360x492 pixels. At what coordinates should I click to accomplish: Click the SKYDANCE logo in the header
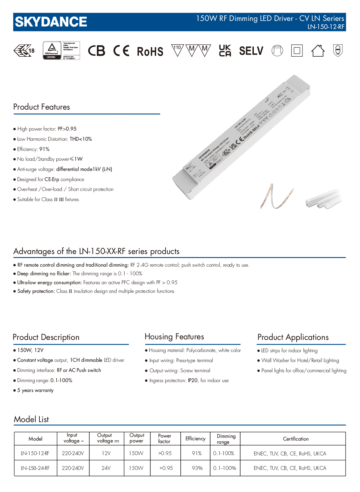51,22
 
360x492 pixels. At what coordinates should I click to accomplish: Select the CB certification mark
97,51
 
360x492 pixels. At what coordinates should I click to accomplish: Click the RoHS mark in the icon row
150,51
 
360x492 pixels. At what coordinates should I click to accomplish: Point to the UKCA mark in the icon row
225,51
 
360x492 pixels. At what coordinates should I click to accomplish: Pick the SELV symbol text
251,51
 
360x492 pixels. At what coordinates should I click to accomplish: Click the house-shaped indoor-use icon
318,50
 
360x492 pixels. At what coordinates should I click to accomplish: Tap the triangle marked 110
177,50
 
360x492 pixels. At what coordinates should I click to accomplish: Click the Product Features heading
42,107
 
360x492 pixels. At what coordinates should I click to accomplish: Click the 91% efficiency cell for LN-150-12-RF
196,453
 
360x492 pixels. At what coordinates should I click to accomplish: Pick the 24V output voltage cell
106,468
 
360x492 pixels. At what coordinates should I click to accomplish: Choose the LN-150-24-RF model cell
35,468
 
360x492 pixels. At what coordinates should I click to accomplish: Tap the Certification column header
296,439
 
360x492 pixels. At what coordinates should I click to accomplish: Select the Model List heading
31,419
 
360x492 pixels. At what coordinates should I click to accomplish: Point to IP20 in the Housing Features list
193,381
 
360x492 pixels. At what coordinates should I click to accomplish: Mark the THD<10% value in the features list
81,139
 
